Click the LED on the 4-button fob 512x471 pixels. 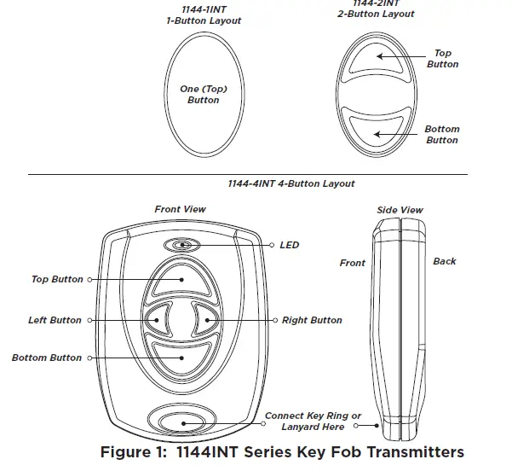tap(183, 246)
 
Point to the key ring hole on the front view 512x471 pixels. tap(181, 421)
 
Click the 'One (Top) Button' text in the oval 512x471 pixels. tap(203, 95)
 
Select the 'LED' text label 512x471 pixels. tap(290, 246)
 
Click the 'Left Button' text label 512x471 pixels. tap(55, 321)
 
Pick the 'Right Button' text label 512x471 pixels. tap(312, 321)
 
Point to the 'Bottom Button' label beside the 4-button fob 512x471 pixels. tap(47, 358)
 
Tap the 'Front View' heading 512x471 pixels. tap(180, 209)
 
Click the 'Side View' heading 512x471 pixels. tap(400, 210)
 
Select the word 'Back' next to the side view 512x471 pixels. tap(444, 262)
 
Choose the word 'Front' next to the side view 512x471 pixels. tap(352, 264)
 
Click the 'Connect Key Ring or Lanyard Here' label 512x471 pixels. tap(313, 422)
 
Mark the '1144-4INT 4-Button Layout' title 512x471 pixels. tap(291, 183)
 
